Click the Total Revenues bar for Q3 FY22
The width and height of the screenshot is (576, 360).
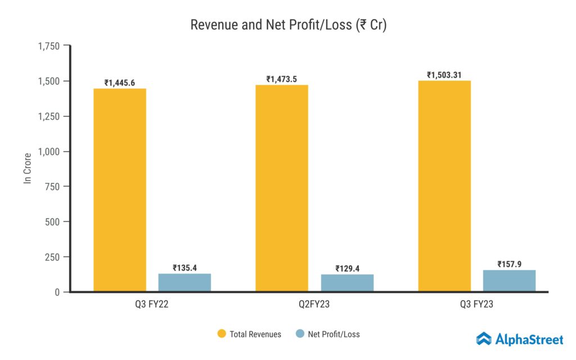pyautogui.click(x=119, y=190)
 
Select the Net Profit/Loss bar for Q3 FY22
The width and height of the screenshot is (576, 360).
pyautogui.click(x=184, y=282)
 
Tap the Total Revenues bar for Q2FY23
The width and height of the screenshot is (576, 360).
pyautogui.click(x=282, y=188)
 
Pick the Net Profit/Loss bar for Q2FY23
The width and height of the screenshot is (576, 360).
pyautogui.click(x=347, y=283)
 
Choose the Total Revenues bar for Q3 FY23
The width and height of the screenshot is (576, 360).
pyautogui.click(x=444, y=186)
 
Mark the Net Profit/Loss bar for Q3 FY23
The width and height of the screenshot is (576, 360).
pyautogui.click(x=510, y=281)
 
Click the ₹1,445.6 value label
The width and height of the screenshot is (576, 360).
pyautogui.click(x=119, y=83)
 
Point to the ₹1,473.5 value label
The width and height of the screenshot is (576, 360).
pyautogui.click(x=282, y=79)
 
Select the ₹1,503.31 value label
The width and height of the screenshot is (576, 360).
pyautogui.click(x=444, y=75)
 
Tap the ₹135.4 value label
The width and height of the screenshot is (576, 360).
pyautogui.click(x=184, y=268)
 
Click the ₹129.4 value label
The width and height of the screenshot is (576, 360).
pyautogui.click(x=347, y=268)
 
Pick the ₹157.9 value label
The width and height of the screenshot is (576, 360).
pyautogui.click(x=510, y=264)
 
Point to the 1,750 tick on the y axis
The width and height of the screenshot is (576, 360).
pyautogui.click(x=48, y=46)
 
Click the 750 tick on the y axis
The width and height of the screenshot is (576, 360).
pyautogui.click(x=53, y=187)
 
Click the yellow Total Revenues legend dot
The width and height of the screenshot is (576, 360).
pyautogui.click(x=222, y=334)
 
